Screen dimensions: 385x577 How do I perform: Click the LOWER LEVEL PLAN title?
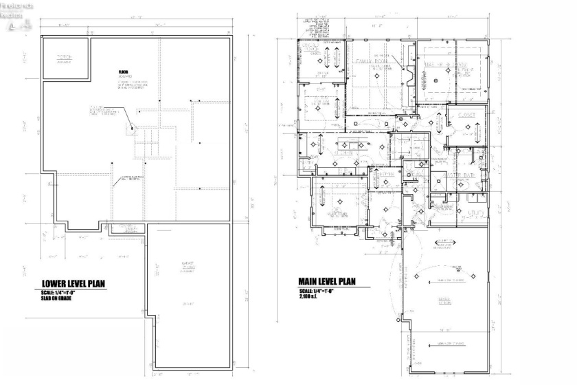pos(73,283)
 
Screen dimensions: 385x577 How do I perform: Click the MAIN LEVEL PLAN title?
pos(326,281)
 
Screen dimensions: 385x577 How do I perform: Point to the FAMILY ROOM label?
pos(372,60)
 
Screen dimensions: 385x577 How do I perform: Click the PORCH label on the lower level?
pos(65,56)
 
